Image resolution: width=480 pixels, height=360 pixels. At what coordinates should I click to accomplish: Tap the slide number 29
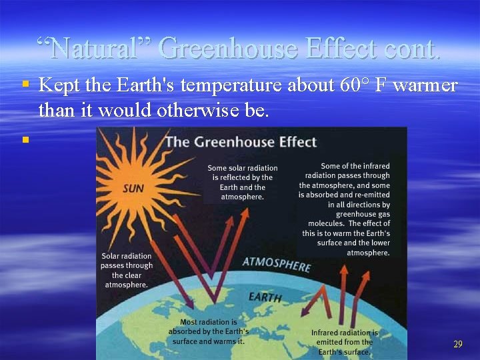(x=457, y=344)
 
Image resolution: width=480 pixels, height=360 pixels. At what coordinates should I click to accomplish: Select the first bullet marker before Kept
(x=25, y=85)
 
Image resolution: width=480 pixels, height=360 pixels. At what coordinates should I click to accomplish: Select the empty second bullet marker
(x=25, y=139)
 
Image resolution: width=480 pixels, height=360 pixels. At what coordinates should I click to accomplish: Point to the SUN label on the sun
(x=133, y=189)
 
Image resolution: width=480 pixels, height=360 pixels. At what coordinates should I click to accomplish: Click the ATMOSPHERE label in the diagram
(x=276, y=264)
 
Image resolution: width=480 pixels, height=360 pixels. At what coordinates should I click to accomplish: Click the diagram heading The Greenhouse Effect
(x=241, y=142)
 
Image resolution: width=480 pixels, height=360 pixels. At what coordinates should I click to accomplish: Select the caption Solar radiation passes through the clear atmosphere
(x=127, y=270)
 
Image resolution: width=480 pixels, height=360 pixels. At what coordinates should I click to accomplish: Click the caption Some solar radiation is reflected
(x=242, y=182)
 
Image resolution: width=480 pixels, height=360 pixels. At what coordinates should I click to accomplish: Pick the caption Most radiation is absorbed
(x=208, y=331)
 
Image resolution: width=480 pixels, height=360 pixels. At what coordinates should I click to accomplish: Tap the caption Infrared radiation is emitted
(x=345, y=342)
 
